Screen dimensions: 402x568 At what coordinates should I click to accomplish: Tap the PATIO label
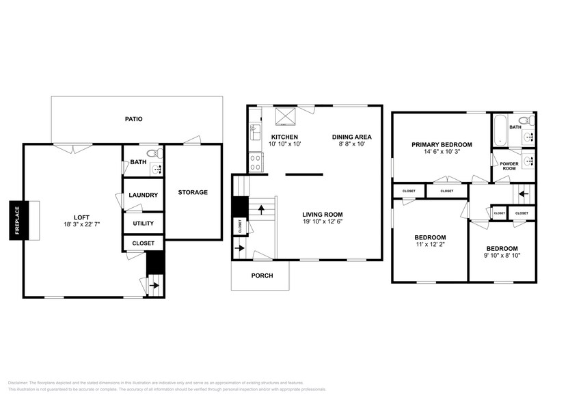[x=133, y=119]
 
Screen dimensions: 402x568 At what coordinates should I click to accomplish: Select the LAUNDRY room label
[x=144, y=195]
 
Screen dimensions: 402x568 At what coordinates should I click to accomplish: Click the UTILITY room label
[x=144, y=224]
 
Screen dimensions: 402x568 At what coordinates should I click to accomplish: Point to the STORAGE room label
[x=193, y=192]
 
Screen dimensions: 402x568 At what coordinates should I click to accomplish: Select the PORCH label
[x=262, y=276]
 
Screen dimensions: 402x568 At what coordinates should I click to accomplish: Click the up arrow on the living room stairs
[x=260, y=208]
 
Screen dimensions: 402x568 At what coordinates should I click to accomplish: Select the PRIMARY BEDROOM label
[x=442, y=145]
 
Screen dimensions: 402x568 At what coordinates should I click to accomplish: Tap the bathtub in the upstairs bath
[x=499, y=130]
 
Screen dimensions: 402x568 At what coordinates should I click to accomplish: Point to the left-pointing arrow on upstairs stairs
[x=522, y=193]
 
